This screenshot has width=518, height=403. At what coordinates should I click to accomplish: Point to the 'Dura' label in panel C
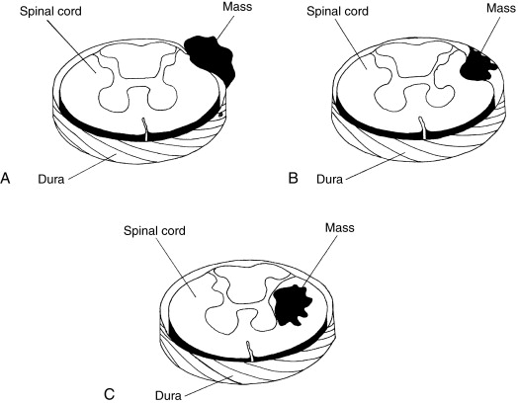point(173,390)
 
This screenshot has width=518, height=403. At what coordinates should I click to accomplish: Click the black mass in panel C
point(294,303)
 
